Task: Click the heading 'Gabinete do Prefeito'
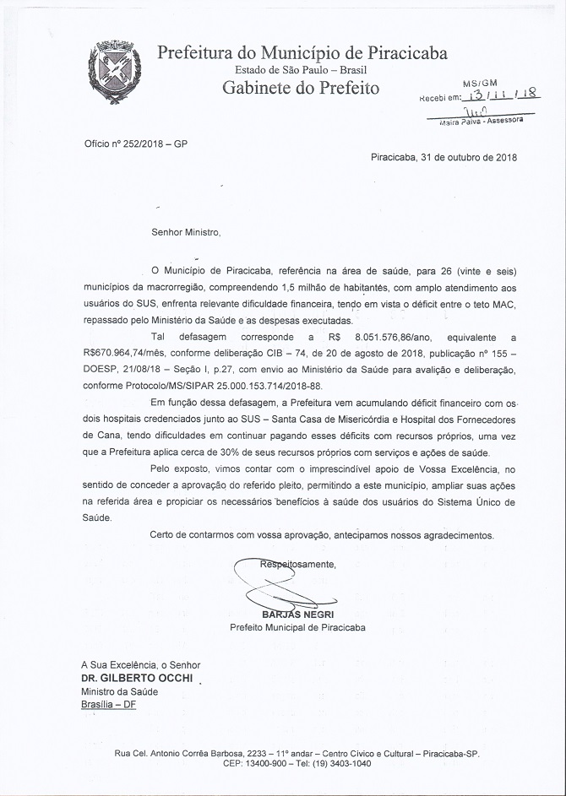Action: (x=301, y=88)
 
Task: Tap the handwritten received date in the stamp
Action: (x=499, y=96)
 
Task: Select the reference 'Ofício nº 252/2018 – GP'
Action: (x=135, y=144)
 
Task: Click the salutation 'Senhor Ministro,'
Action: (x=185, y=231)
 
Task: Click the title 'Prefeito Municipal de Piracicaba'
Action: (x=297, y=628)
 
